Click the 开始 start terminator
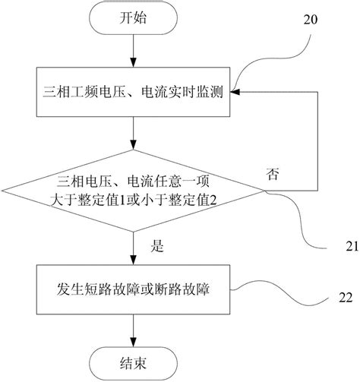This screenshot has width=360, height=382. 134,20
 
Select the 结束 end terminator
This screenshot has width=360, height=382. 134,360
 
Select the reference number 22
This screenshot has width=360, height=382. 345,298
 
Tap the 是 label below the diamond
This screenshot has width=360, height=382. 159,246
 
